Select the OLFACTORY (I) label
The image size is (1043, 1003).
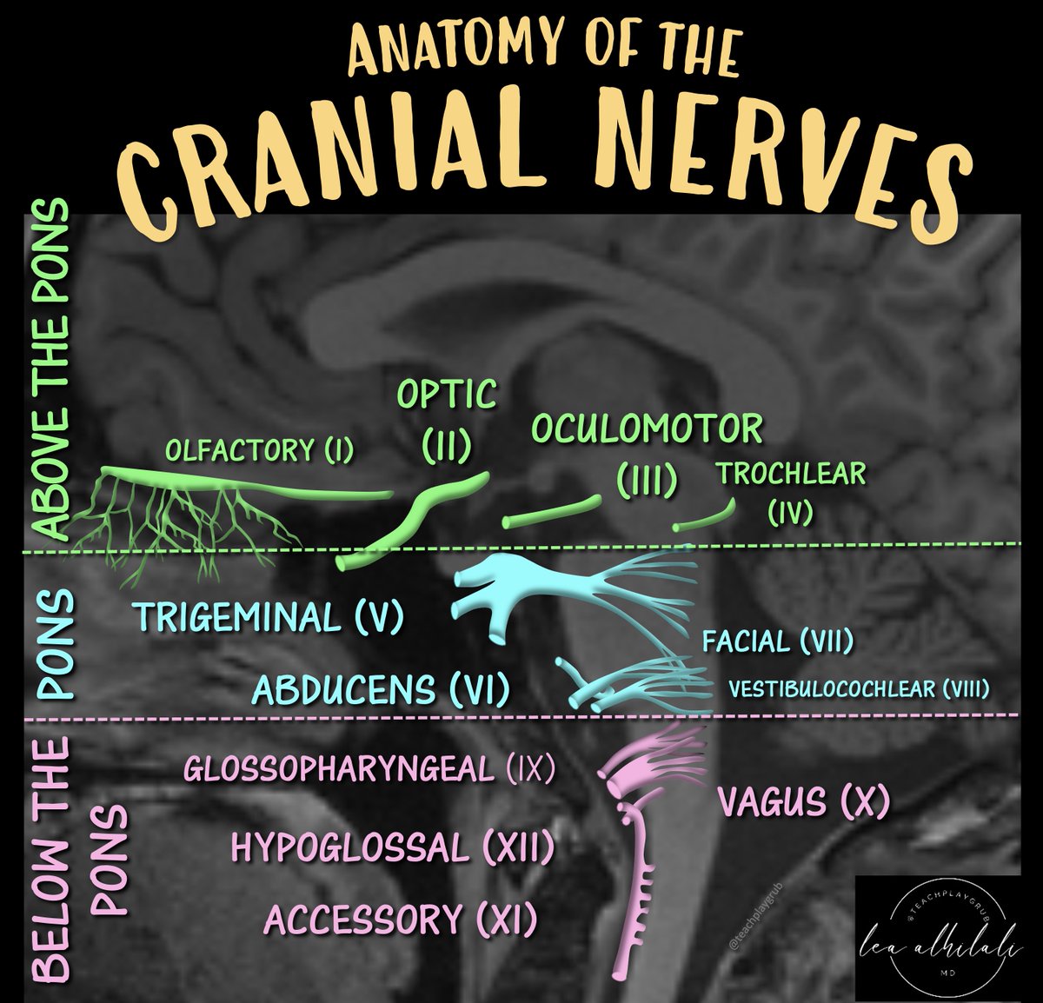click(259, 451)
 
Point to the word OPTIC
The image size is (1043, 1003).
click(447, 395)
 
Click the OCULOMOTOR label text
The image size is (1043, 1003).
click(647, 429)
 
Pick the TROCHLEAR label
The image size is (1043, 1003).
click(790, 475)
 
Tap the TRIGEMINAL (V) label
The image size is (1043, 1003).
click(269, 618)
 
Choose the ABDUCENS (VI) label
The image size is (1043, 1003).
click(381, 691)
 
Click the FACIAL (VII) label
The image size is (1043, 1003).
click(778, 642)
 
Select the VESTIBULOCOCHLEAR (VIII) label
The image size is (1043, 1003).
click(859, 690)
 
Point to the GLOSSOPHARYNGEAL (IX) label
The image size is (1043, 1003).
click(369, 769)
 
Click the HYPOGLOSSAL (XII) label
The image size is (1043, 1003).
click(392, 847)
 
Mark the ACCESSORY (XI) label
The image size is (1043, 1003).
click(400, 920)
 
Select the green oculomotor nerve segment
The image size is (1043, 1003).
click(552, 512)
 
